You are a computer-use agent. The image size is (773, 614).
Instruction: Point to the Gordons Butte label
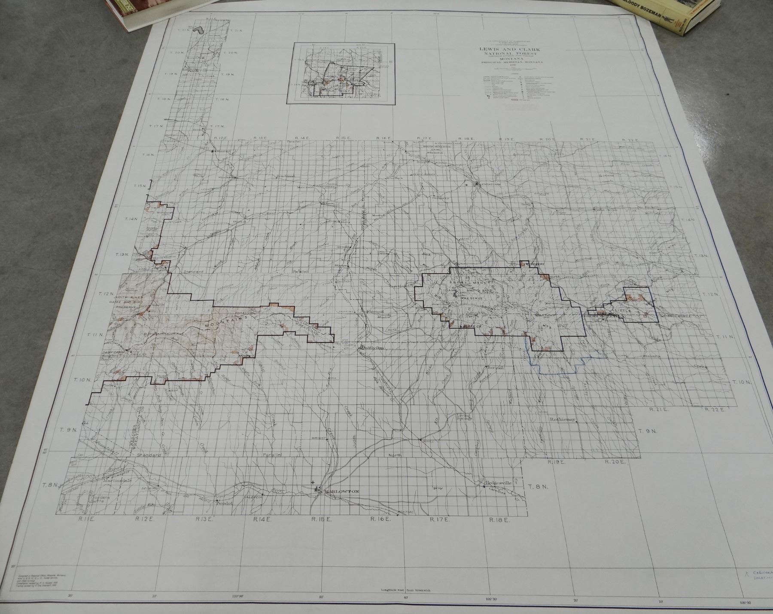click(x=90, y=500)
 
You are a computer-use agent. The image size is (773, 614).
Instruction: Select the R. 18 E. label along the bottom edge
click(x=499, y=519)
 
